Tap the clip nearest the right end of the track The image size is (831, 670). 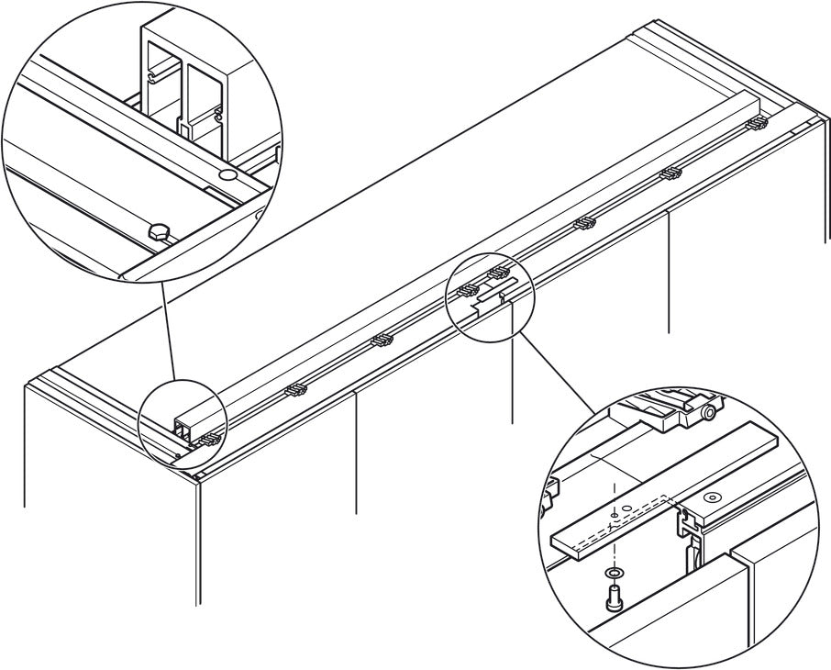coord(758,122)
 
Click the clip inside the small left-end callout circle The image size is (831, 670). coord(209,438)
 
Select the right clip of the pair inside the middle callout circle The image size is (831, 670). coord(498,272)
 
